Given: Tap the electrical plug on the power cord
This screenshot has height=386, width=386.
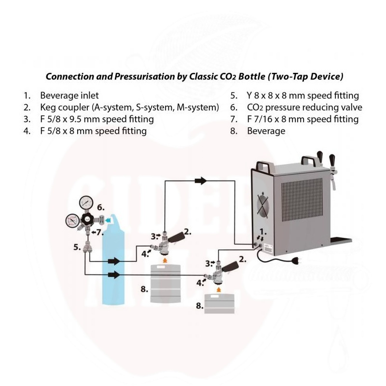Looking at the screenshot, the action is (297, 261).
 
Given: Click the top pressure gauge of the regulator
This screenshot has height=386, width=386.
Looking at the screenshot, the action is (86, 202).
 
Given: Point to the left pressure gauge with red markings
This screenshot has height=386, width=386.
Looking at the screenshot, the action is (73, 221).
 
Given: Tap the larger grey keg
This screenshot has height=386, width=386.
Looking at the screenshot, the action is (165, 283).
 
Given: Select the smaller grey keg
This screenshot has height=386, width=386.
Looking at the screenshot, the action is (219, 304).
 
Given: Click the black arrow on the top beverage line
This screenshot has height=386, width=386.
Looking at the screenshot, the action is (201, 180).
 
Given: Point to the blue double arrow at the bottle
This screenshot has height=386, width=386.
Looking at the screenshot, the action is (107, 221).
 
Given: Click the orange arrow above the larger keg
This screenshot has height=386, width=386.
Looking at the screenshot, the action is (165, 259).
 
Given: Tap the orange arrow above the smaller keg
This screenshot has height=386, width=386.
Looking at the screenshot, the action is (219, 289).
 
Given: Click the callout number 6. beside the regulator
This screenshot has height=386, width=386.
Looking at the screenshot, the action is (101, 207).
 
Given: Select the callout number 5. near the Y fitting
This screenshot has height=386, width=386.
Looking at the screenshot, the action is (77, 247).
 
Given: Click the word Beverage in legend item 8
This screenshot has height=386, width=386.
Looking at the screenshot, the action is (266, 131).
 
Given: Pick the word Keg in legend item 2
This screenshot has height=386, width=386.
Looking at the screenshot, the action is (48, 108).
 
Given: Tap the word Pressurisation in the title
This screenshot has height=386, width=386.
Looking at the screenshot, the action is (144, 77).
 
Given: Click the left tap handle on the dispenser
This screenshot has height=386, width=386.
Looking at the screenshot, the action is (320, 156).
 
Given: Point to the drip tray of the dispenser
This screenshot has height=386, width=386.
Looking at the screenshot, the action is (341, 240).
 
